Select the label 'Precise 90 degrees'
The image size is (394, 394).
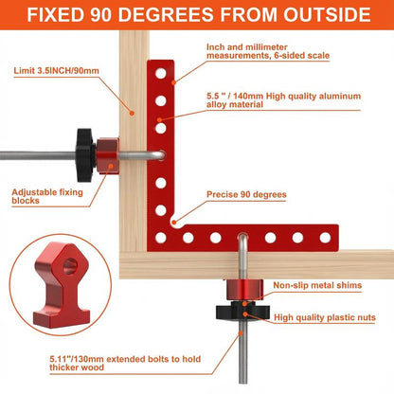[x=245, y=193]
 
